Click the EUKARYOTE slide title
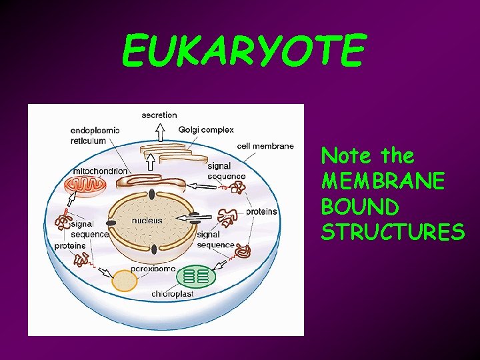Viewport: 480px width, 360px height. tap(243, 52)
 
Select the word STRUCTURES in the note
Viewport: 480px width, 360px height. tap(393, 231)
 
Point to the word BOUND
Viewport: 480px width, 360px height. tap(359, 206)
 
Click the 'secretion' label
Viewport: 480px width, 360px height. tap(159, 115)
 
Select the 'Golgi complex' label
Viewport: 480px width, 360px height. tap(206, 129)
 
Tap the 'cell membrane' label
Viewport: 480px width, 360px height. tap(265, 146)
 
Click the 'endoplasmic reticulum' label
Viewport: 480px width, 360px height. tap(95, 135)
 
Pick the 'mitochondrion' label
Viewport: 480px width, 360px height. tap(100, 171)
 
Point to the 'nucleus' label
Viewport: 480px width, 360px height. tap(147, 220)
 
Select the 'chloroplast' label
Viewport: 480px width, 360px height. tap(173, 294)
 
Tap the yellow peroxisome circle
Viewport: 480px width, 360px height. tap(124, 281)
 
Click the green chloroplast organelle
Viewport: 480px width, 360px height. tap(196, 275)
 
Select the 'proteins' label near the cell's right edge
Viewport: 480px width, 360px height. tap(261, 211)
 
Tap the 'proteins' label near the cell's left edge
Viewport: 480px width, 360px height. tap(70, 245)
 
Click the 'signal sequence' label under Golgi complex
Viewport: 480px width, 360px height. tap(226, 171)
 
